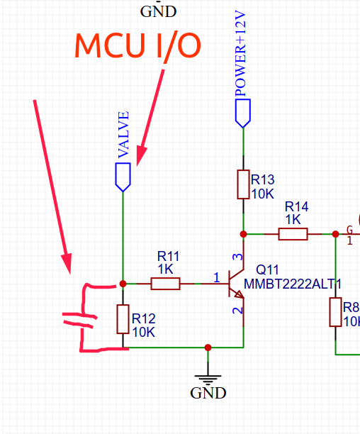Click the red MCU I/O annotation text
pos(138,45)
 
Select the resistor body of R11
pos(166,284)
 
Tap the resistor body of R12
pos(123,318)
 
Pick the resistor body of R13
pos(243,184)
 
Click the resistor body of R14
pos(293,233)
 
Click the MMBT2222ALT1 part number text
pos(293,284)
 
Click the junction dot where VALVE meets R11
pos(123,284)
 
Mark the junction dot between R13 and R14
pos(243,233)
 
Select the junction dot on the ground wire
pos(208,347)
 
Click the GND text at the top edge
pos(158,11)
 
